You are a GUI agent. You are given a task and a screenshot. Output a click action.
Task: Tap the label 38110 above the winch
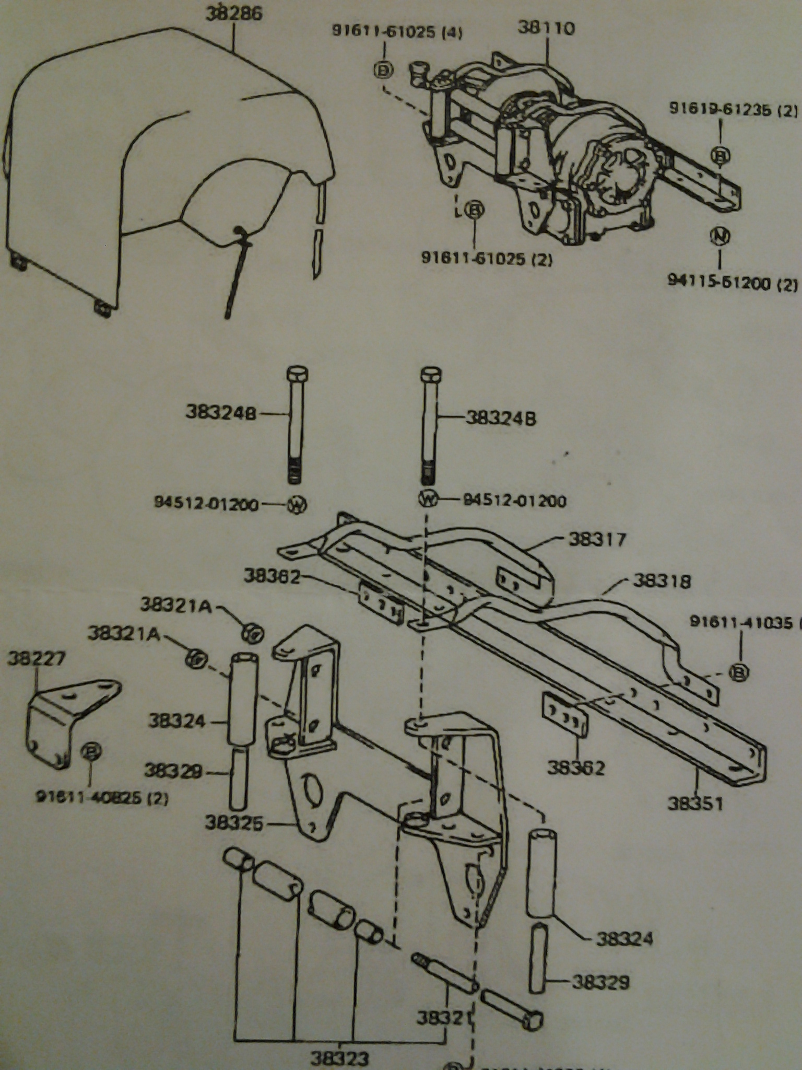546,28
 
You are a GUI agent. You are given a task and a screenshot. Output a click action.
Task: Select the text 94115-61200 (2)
733,283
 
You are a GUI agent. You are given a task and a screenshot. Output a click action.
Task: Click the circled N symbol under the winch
720,236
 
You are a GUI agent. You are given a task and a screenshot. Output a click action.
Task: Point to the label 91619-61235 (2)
733,110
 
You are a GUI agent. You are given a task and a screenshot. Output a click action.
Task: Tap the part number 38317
596,539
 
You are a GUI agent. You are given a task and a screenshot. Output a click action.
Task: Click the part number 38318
662,580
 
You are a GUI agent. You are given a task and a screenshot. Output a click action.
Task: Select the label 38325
234,824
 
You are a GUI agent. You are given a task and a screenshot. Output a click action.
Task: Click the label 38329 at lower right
601,982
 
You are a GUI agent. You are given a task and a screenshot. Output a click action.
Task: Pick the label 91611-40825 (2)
102,798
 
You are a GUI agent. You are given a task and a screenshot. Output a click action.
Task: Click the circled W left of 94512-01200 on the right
428,499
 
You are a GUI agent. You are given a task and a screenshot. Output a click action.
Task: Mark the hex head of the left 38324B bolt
297,375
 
